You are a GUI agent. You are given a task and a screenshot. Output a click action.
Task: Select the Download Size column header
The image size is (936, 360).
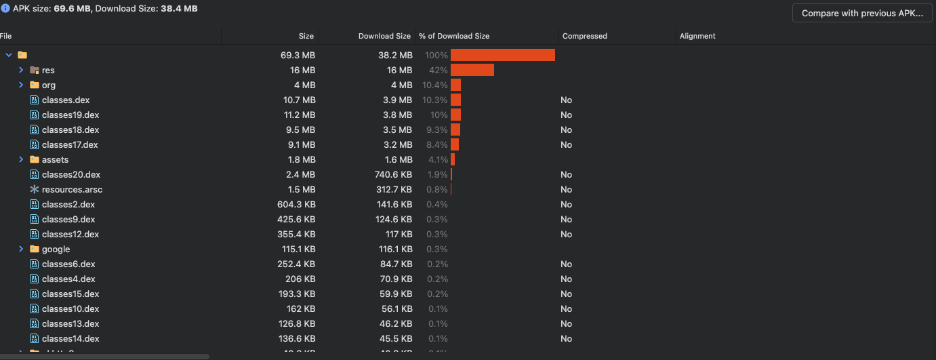coord(384,36)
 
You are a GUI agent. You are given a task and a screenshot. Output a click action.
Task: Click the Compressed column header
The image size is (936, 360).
coord(584,36)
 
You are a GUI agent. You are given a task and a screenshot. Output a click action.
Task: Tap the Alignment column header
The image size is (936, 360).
coord(697,36)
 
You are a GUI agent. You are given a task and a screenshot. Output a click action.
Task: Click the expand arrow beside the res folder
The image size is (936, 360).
coord(21,70)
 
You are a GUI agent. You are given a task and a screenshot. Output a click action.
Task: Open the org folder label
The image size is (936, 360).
coord(49,85)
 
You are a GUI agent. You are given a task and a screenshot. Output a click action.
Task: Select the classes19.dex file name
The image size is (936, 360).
coord(70,115)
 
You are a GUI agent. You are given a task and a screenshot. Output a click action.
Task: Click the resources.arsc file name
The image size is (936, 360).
coord(72,190)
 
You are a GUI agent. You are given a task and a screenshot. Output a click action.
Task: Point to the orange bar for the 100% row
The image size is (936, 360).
coord(502,55)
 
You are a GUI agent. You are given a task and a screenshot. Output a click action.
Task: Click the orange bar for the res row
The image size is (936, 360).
coord(472,70)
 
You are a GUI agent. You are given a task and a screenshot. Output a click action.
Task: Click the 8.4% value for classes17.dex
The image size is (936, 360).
coord(436,145)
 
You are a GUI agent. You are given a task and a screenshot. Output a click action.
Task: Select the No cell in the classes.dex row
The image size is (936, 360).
coord(566,100)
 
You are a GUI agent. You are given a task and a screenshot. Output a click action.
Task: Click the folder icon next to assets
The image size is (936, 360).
coord(35,159)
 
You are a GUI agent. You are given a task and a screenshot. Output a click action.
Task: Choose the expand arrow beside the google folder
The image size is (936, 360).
coord(21,249)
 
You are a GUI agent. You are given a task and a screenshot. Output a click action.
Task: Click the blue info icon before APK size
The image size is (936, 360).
coord(5,9)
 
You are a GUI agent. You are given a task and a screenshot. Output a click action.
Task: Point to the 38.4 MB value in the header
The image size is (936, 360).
coord(179,9)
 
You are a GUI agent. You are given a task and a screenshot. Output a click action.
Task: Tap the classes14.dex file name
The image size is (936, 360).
coord(70,339)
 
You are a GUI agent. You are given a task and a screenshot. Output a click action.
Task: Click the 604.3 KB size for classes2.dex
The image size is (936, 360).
coord(296,205)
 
